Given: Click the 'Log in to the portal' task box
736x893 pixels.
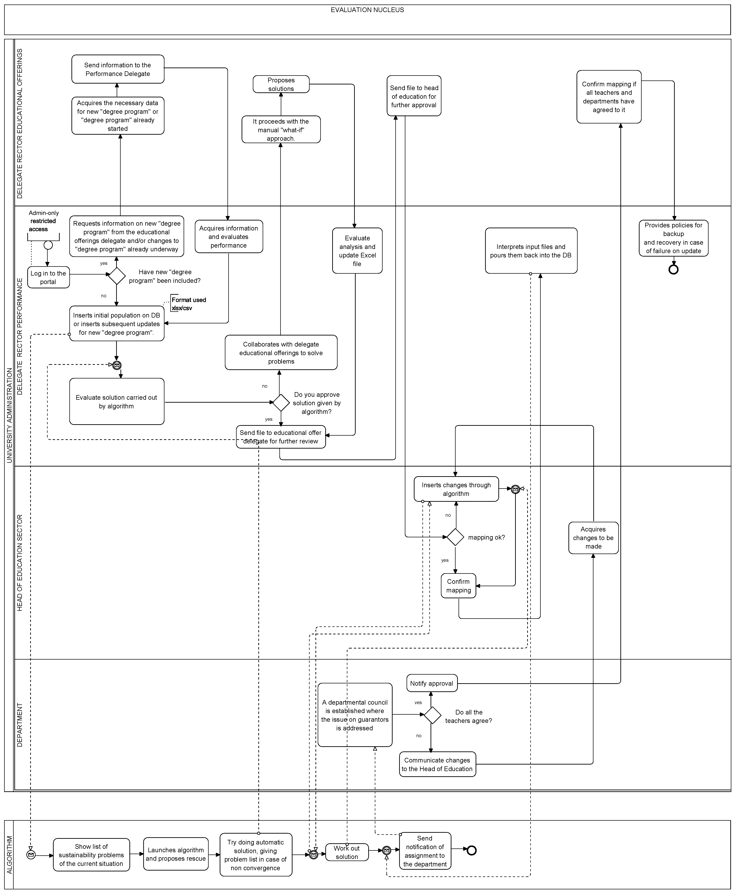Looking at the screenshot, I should (x=48, y=277).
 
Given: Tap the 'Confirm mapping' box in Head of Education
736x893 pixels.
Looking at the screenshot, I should (x=458, y=586).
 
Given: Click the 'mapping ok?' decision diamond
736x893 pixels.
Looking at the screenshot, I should (x=455, y=537).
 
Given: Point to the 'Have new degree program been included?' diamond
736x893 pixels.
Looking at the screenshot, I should (x=117, y=276).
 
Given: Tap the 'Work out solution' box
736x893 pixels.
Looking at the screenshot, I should (x=347, y=852).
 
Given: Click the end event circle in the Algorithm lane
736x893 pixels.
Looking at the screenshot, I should (x=471, y=850).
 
